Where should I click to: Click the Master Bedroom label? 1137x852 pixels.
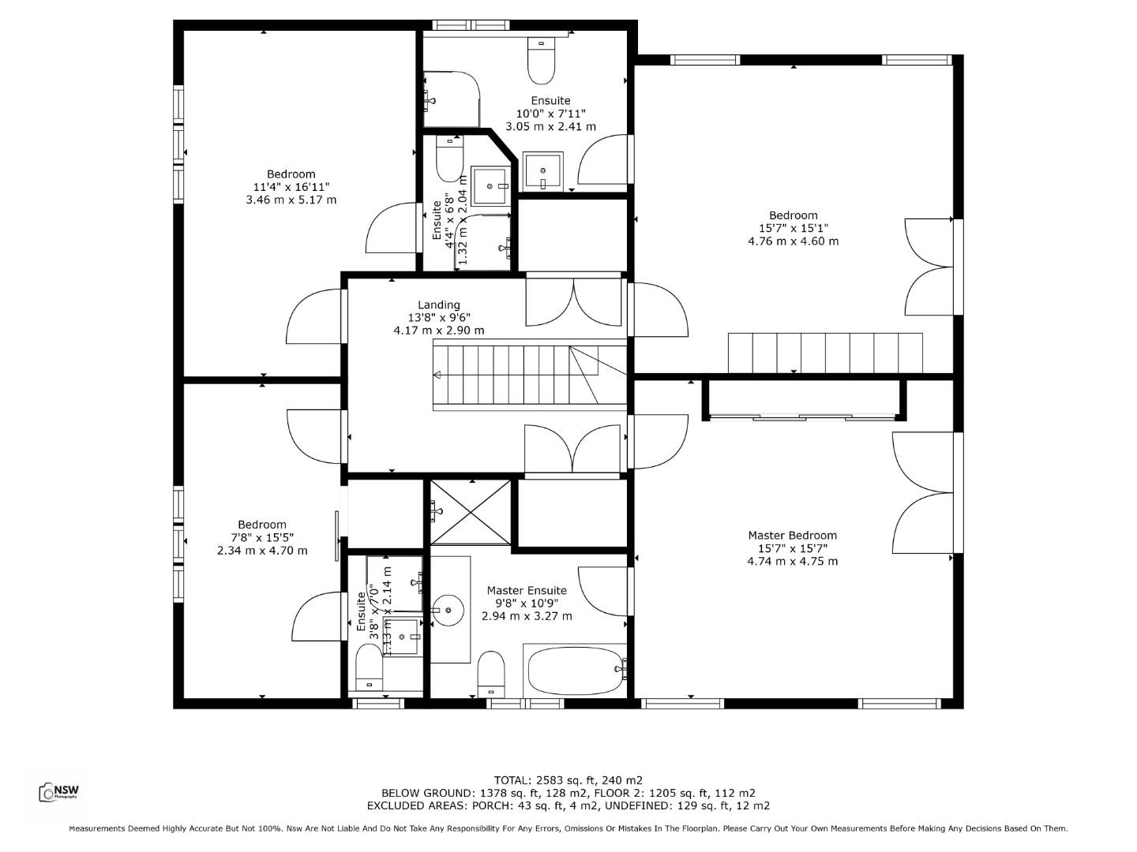[792, 536]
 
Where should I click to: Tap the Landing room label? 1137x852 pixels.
[438, 305]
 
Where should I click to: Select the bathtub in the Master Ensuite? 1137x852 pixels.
[575, 671]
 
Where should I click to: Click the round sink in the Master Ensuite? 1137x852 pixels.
[450, 610]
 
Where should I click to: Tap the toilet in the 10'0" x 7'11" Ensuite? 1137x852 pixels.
[542, 62]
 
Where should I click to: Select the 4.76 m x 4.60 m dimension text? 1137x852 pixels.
[793, 241]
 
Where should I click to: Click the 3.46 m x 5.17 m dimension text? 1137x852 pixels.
[291, 200]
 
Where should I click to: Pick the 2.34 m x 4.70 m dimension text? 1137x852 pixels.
[262, 551]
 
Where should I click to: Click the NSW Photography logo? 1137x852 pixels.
[59, 792]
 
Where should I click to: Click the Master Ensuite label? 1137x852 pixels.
[526, 591]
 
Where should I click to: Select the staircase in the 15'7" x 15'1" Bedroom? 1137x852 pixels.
[824, 353]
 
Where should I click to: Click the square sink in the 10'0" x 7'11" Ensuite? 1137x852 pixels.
[543, 170]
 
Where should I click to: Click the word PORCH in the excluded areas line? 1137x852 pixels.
[492, 806]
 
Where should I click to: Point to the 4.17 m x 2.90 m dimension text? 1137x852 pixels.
[438, 331]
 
